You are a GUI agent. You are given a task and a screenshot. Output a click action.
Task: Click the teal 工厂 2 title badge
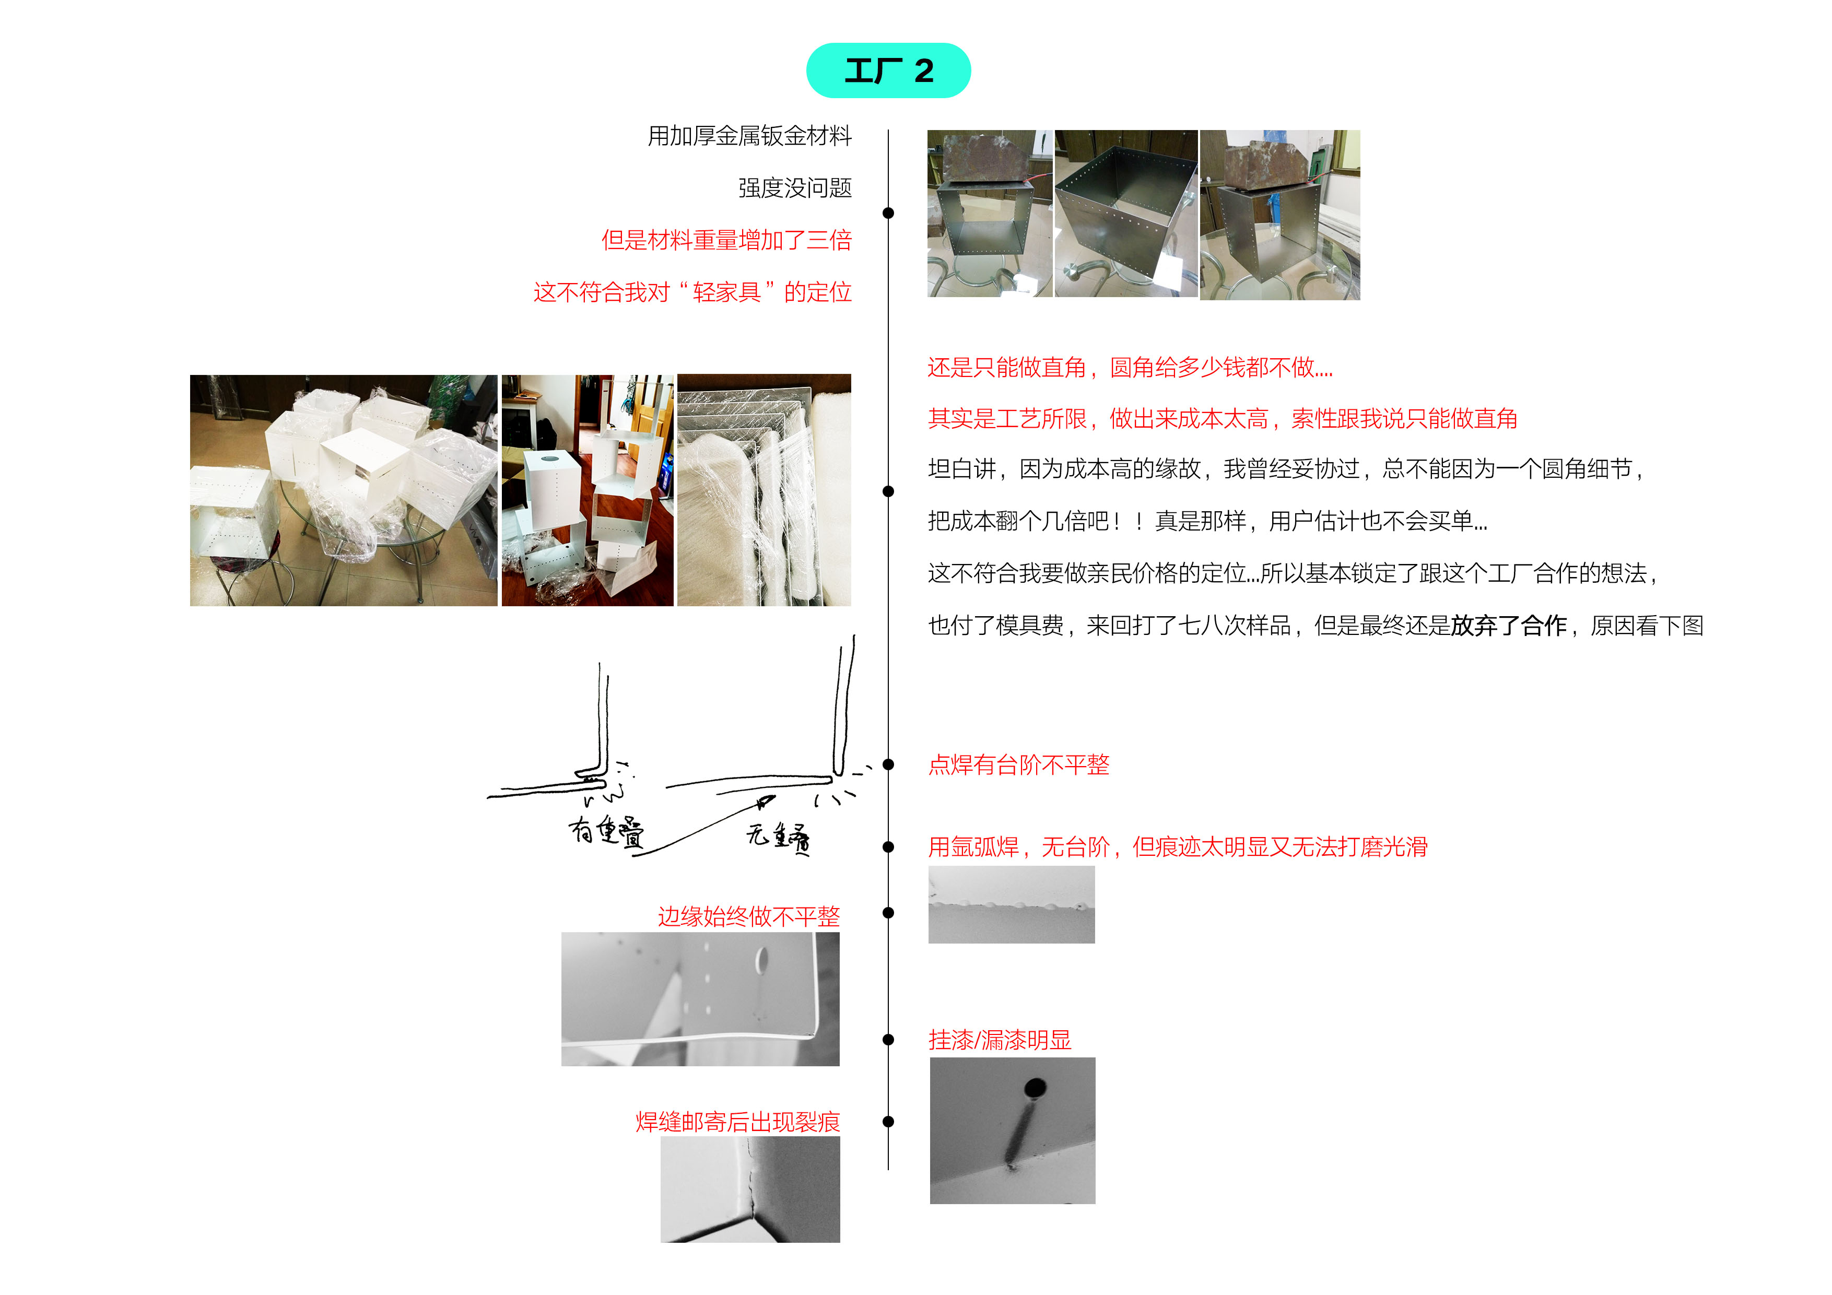[x=888, y=71]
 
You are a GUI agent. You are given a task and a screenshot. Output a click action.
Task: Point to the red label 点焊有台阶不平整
[x=1018, y=764]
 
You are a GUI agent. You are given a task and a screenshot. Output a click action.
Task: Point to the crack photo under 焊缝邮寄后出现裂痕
[x=749, y=1189]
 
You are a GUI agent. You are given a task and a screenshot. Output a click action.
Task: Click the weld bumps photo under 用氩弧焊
[x=1011, y=905]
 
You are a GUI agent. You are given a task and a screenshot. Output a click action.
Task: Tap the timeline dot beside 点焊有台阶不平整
[x=888, y=764]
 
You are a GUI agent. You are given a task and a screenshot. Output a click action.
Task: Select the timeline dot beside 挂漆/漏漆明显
[x=888, y=1039]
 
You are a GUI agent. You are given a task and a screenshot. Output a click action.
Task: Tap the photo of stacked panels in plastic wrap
[x=764, y=490]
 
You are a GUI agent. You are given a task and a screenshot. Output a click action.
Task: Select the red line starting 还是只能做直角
[x=1129, y=367]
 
